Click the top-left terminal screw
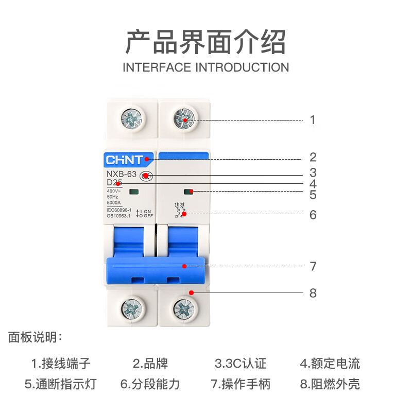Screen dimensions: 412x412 point(131,120)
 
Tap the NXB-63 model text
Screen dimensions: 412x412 point(121,174)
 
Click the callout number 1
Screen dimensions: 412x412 point(313,121)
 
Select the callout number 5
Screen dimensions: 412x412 point(313,195)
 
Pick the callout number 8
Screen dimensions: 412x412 point(313,294)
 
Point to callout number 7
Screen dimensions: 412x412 point(313,267)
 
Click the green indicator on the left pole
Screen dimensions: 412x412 point(135,193)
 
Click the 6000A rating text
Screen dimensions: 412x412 point(115,203)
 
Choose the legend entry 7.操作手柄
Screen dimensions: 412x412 point(241,384)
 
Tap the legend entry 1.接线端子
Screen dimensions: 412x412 point(61,364)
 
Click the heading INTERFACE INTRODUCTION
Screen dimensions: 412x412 point(206,67)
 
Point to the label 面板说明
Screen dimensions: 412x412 point(35,338)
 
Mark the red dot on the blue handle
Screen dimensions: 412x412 point(184,267)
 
